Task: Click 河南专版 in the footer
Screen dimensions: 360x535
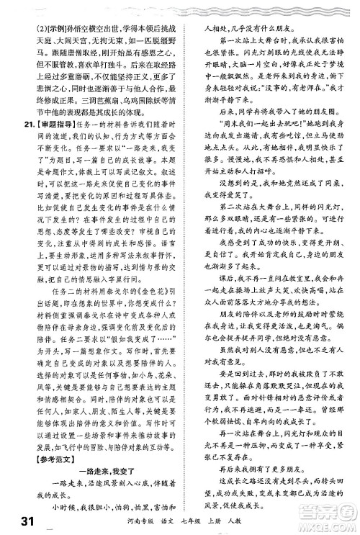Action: click(x=124, y=519)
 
